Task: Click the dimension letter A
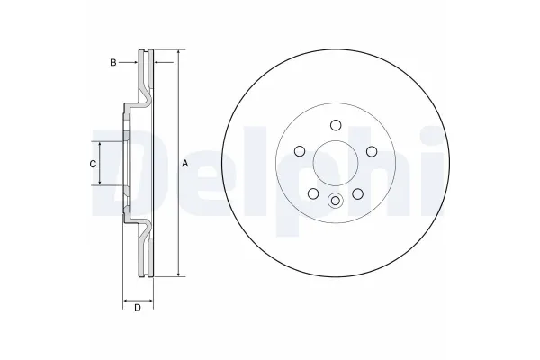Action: [x=184, y=164]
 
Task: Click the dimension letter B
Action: [x=112, y=62]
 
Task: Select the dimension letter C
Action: [x=92, y=164]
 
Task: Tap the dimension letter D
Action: [x=137, y=309]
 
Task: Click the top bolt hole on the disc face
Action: [x=335, y=125]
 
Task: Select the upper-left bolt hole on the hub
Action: [x=299, y=151]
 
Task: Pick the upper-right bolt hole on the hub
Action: [x=371, y=151]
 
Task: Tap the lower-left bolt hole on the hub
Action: [x=312, y=193]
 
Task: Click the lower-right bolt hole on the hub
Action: [x=357, y=193]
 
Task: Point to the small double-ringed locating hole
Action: [x=335, y=201]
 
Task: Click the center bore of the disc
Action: [x=335, y=164]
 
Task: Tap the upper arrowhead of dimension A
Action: [x=179, y=53]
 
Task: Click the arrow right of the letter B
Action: [x=131, y=62]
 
